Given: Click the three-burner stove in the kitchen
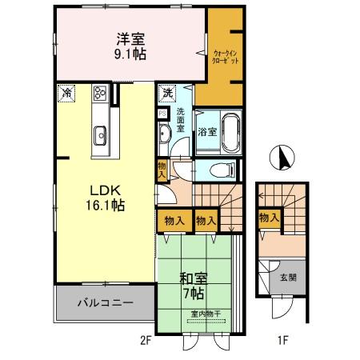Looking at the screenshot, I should (x=101, y=92).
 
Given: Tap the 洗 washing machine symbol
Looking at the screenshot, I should (x=167, y=93).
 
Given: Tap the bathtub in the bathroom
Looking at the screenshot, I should (x=231, y=132).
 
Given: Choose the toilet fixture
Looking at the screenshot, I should (x=222, y=169).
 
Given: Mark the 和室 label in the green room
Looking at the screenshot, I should (x=192, y=279).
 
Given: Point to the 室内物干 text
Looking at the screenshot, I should (x=205, y=313).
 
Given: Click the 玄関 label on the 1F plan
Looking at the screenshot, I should (x=286, y=278).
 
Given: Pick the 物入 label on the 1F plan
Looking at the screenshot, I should (x=269, y=217).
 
